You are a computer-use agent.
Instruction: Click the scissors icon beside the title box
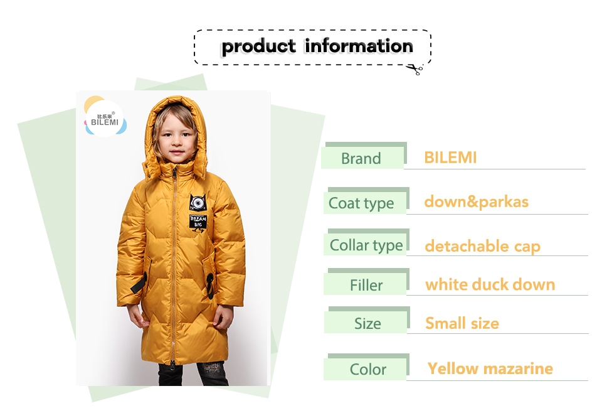click(x=415, y=70)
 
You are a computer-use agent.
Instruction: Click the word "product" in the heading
click(x=259, y=47)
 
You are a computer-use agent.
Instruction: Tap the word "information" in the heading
click(x=359, y=46)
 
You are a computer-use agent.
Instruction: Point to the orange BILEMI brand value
click(x=450, y=158)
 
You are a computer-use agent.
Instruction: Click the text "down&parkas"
click(x=477, y=202)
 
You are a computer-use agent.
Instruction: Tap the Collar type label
click(x=366, y=245)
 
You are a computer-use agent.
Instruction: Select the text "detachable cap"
click(x=483, y=246)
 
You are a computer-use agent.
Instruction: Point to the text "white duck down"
click(x=490, y=285)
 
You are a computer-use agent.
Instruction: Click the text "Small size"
click(x=462, y=323)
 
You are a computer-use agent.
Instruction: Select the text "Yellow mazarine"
click(x=490, y=368)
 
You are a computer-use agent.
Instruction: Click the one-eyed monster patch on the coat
click(x=198, y=202)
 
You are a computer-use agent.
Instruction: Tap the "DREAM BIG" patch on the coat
click(x=198, y=222)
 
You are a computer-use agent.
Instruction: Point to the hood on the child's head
click(x=175, y=115)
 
